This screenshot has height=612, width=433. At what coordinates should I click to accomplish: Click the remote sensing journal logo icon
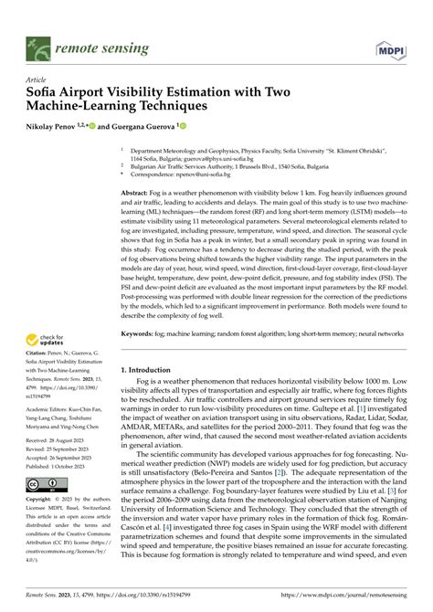(x=37, y=45)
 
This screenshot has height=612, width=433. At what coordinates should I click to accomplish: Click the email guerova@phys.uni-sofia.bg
(x=194, y=156)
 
